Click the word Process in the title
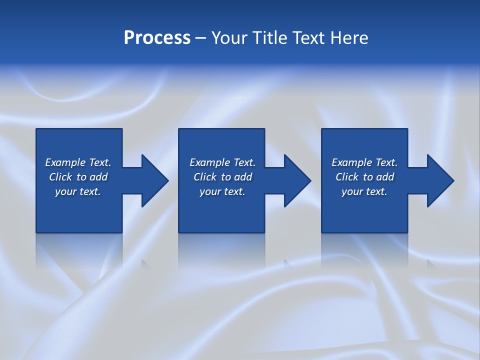point(157,38)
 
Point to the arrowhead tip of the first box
point(168,180)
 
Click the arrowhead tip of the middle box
point(310,180)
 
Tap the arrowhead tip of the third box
point(453,180)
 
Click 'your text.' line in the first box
point(78,191)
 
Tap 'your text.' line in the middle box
point(222,191)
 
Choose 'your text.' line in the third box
point(364,191)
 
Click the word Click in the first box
point(60,177)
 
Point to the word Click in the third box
point(347,177)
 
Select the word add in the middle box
point(243,177)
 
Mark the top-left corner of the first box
point(36,129)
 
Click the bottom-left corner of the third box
point(322,232)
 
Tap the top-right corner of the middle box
point(264,129)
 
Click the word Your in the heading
point(228,38)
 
